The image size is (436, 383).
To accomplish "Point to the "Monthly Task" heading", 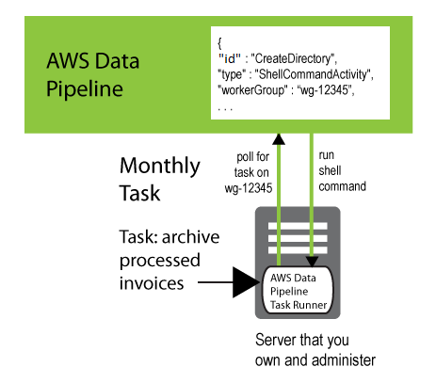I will click(x=159, y=180).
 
